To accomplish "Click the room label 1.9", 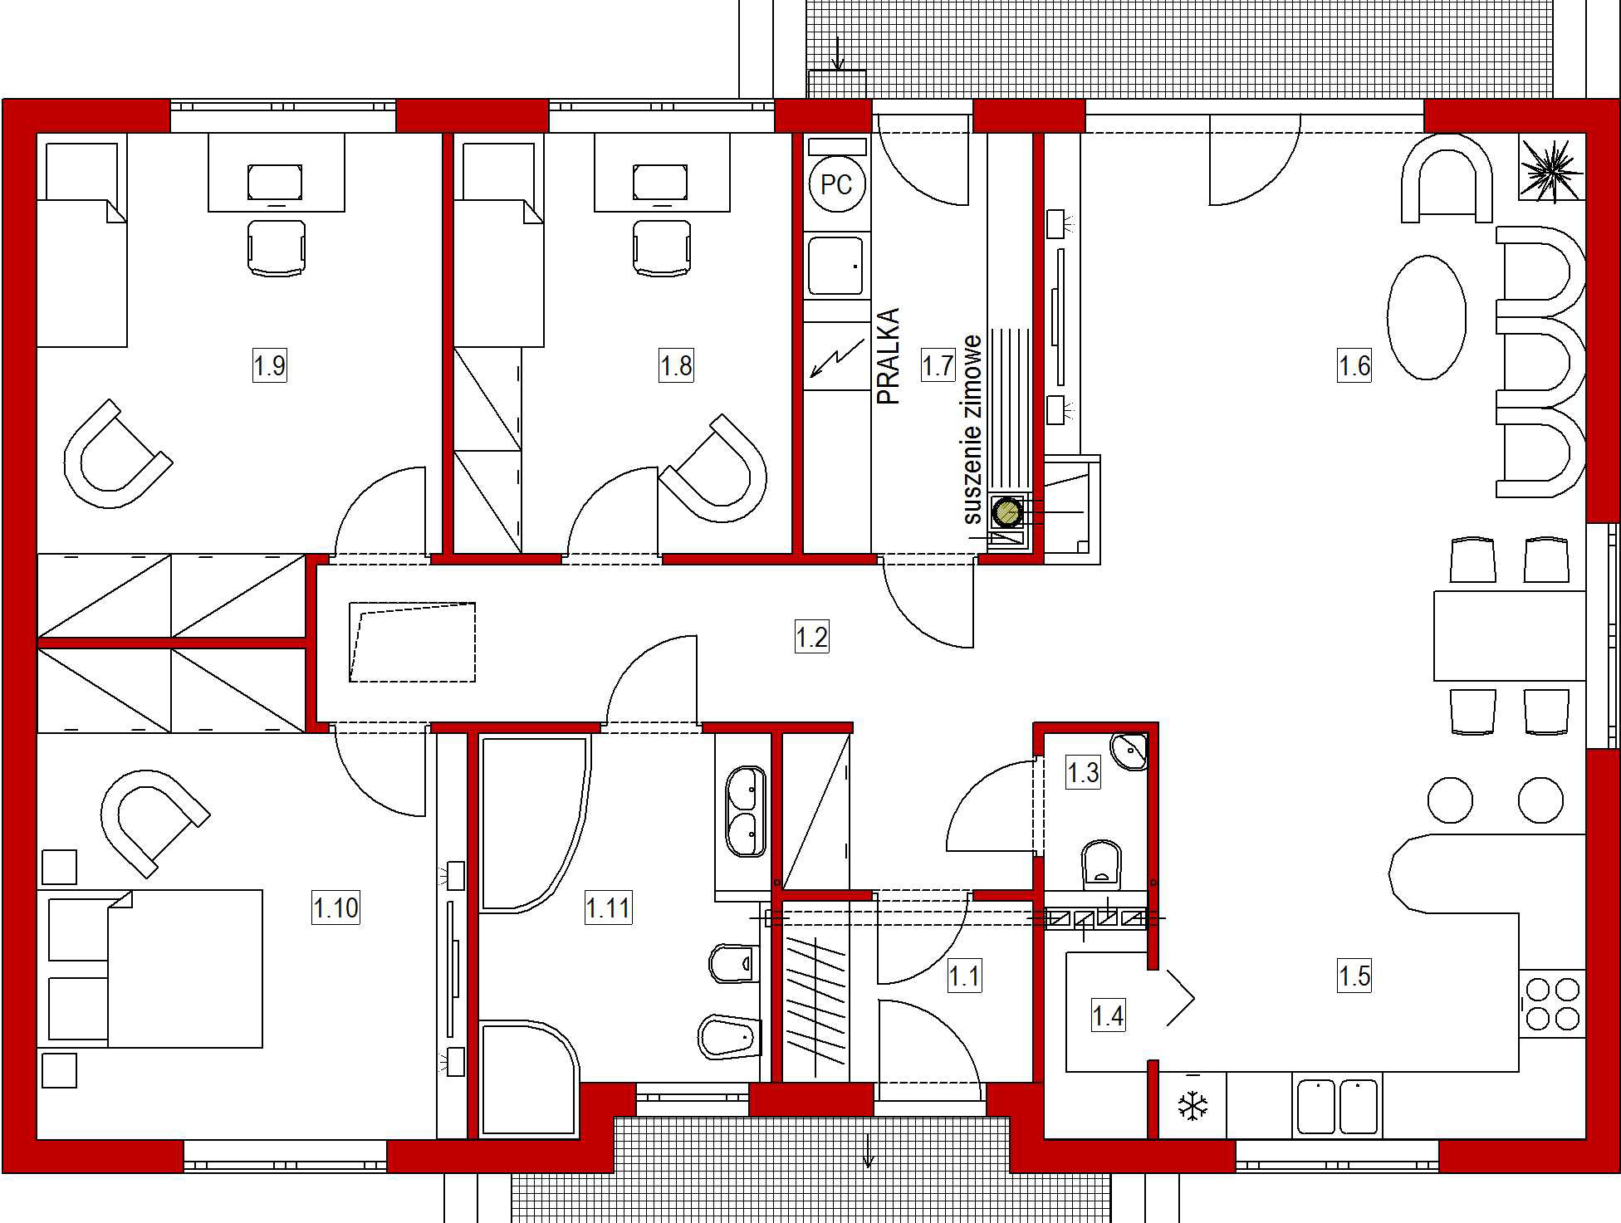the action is (x=270, y=365).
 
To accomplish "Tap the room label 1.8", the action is (x=676, y=365).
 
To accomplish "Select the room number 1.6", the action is (x=1354, y=365).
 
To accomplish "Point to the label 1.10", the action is (x=335, y=907).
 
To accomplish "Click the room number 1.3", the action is (x=1083, y=773).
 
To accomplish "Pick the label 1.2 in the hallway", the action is (x=811, y=637).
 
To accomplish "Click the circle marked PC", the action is (x=836, y=184).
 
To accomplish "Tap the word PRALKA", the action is (x=889, y=356).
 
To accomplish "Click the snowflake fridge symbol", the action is (x=1192, y=1106).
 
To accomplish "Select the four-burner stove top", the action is (x=1552, y=1004).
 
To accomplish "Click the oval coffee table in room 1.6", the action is (x=1427, y=317).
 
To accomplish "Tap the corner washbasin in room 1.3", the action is (x=1131, y=751).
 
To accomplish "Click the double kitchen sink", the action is (x=1337, y=1106).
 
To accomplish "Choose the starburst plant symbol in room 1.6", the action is (x=1551, y=169).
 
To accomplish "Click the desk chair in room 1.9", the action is (x=276, y=247).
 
